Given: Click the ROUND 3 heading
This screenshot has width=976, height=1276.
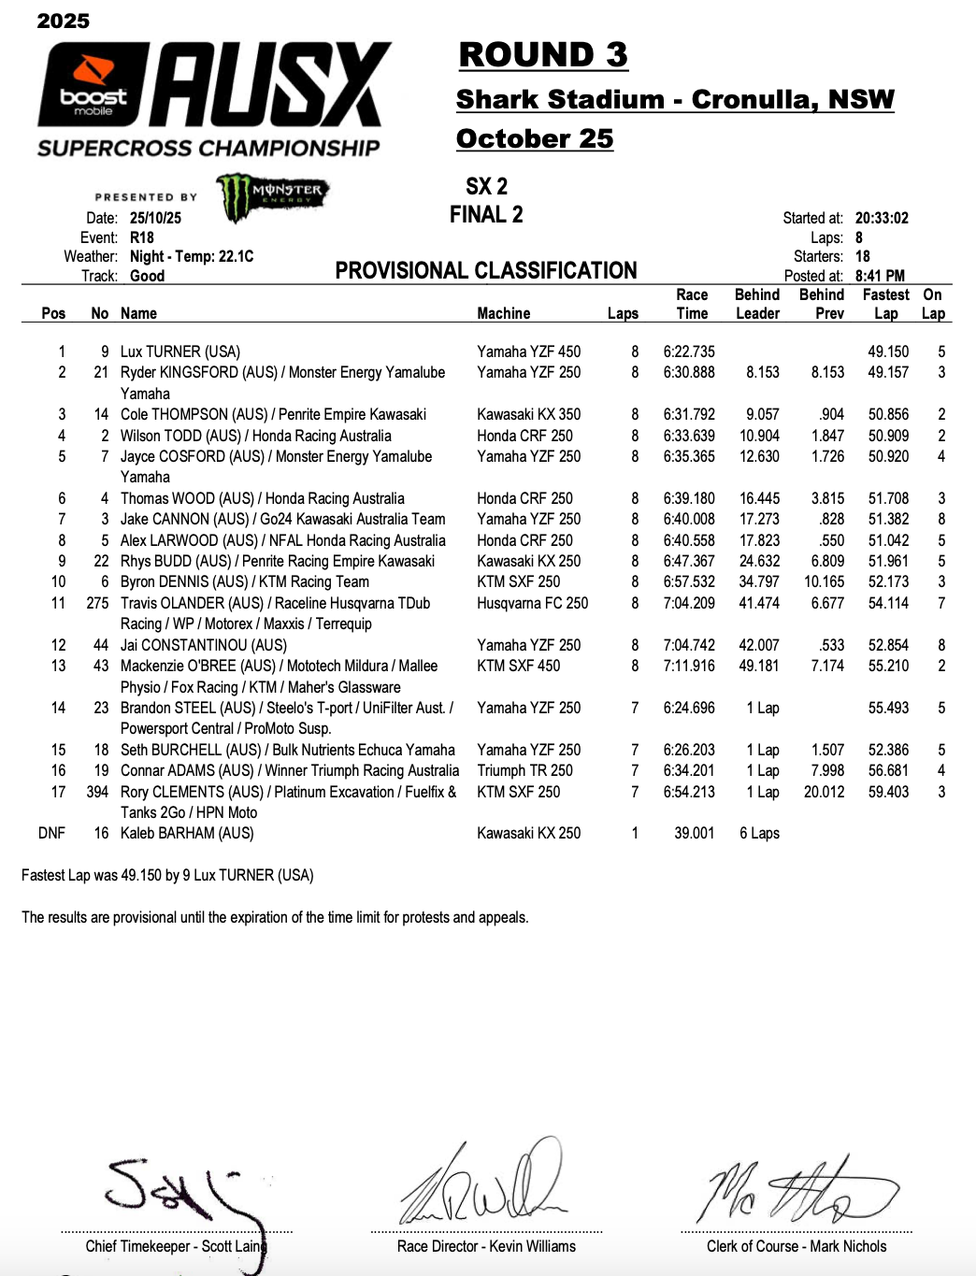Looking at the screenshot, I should coord(543,55).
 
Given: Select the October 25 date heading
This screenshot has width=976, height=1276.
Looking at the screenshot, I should coord(535,139).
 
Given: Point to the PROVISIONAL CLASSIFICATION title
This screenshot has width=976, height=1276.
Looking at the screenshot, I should coord(486,271).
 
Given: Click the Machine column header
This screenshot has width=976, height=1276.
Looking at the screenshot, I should coord(503,314).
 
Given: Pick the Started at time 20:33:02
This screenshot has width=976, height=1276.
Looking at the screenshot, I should coord(882,218).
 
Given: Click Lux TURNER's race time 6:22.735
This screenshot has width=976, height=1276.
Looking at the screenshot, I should coord(689,352).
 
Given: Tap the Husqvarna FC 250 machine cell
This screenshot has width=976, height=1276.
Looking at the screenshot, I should coord(532,604).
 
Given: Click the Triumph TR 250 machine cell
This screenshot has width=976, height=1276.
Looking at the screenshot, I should coord(524,771).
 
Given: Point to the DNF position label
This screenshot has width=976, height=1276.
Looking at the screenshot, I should coord(51,834).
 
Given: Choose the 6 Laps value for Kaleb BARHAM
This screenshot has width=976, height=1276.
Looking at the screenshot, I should coord(759,834).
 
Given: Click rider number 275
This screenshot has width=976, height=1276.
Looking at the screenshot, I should coord(97,604).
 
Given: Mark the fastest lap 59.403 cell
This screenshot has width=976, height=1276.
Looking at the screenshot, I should coord(888,793).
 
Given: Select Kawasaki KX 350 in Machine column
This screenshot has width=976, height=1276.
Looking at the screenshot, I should coord(528,415).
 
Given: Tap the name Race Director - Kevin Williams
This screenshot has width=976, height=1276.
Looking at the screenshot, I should coord(486,1247).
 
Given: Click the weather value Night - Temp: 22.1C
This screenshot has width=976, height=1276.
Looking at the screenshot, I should coord(192,257).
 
